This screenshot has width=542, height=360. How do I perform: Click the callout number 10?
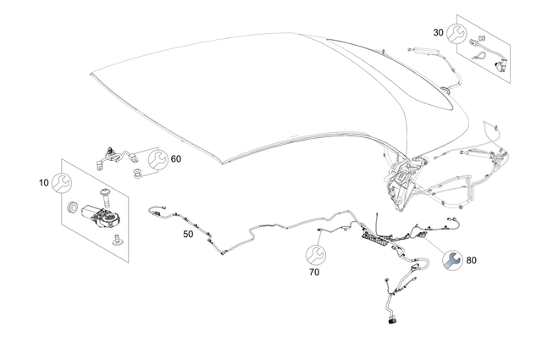pyautogui.click(x=44, y=183)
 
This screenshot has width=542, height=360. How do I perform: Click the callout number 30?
pyautogui.click(x=439, y=32)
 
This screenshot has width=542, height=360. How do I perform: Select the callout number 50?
pyautogui.click(x=188, y=234)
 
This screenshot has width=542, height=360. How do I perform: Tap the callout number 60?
pyautogui.click(x=176, y=159)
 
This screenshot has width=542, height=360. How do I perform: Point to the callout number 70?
pyautogui.click(x=314, y=273)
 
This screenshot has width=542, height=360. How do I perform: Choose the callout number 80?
pyautogui.click(x=471, y=260)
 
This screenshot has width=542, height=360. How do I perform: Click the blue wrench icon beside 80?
pyautogui.click(x=452, y=260)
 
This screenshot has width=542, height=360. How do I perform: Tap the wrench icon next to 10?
pyautogui.click(x=62, y=183)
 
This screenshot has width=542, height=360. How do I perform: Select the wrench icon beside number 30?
pyautogui.click(x=456, y=34)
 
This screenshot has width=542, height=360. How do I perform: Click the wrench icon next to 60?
pyautogui.click(x=158, y=159)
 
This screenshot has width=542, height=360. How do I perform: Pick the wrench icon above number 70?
pyautogui.click(x=316, y=255)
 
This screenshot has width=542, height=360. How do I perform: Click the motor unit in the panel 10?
pyautogui.click(x=101, y=216)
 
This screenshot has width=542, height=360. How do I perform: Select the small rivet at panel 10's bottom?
pyautogui.click(x=118, y=240)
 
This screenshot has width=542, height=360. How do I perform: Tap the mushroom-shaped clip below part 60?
pyautogui.click(x=138, y=173)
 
